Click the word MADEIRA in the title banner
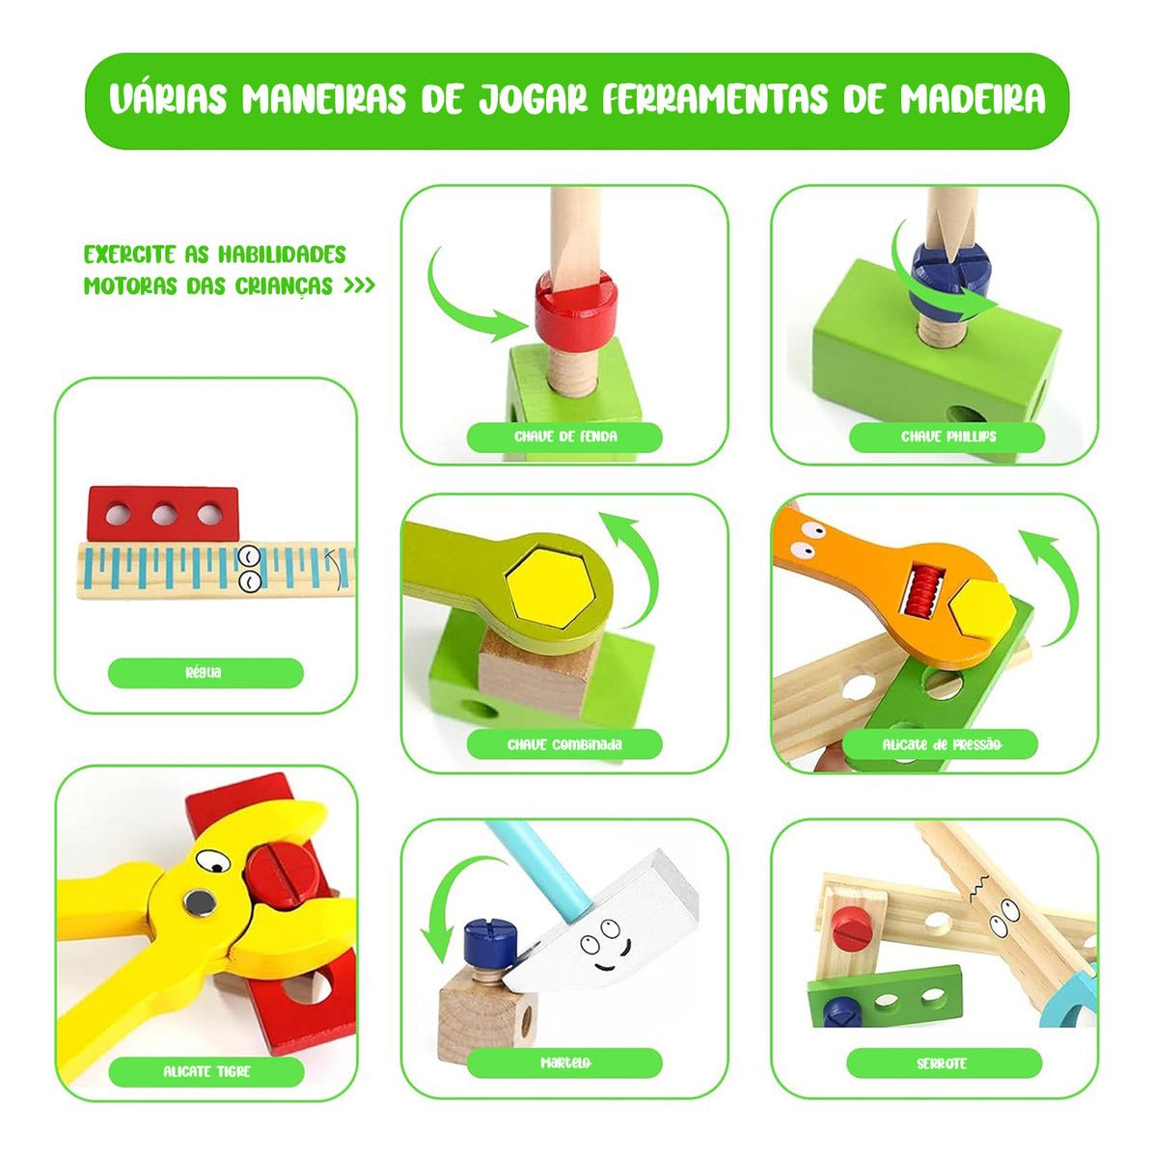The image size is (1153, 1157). (x=973, y=98)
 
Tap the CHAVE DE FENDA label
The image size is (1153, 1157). (x=564, y=437)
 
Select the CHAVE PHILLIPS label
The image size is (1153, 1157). (x=947, y=437)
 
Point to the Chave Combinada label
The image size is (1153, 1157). (x=564, y=745)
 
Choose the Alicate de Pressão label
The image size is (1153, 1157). (x=941, y=745)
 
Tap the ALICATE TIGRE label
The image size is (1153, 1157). (x=206, y=1072)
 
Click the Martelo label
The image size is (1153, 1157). (x=564, y=1063)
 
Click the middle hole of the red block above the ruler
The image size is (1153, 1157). (x=164, y=515)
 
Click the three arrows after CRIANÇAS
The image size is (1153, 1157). (x=359, y=285)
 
